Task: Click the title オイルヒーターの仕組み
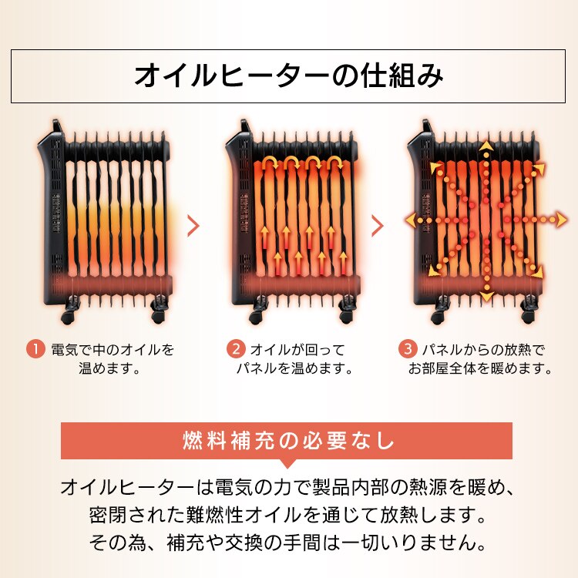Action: click(288, 76)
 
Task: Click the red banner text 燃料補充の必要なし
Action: click(288, 442)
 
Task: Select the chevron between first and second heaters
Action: click(193, 226)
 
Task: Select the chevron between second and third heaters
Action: click(378, 226)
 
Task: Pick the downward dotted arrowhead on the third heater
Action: click(486, 296)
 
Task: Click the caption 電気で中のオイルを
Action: click(113, 349)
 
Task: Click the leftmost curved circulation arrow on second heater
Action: click(271, 163)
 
